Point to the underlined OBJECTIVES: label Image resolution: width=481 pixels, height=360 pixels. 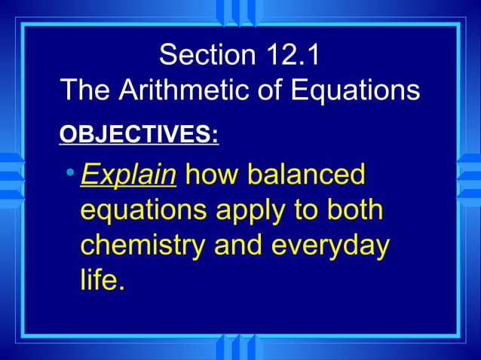pos(139,136)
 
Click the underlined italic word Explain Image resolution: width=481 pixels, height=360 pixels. pos(128,175)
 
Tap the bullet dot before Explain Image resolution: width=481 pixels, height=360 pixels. pos(69,175)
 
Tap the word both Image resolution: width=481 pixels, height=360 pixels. pos(354,210)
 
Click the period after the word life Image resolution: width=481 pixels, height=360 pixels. pos(119,288)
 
